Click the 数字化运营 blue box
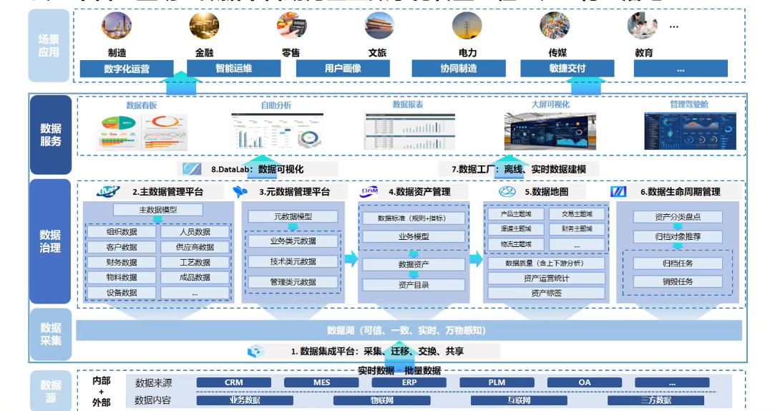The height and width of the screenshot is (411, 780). [127, 69]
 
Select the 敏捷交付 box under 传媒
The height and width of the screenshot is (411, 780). [567, 69]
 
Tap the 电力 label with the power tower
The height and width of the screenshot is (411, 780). [467, 53]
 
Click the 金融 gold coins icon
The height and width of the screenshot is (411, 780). [204, 26]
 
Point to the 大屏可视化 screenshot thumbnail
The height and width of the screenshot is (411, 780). [550, 131]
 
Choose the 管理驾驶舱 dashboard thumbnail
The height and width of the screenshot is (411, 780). [690, 131]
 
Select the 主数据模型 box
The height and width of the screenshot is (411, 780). [158, 210]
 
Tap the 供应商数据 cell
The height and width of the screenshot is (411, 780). [195, 247]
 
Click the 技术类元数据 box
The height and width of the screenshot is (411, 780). [293, 261]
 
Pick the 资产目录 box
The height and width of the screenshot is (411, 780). [414, 285]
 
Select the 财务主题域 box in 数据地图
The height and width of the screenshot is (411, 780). [577, 229]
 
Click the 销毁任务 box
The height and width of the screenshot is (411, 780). [678, 282]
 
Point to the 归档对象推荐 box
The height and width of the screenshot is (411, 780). [678, 236]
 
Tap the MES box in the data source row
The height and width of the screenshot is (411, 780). [322, 382]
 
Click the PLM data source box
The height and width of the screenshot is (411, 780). [497, 382]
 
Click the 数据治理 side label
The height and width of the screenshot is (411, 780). [50, 241]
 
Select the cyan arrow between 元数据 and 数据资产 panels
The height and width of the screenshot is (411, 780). [350, 259]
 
